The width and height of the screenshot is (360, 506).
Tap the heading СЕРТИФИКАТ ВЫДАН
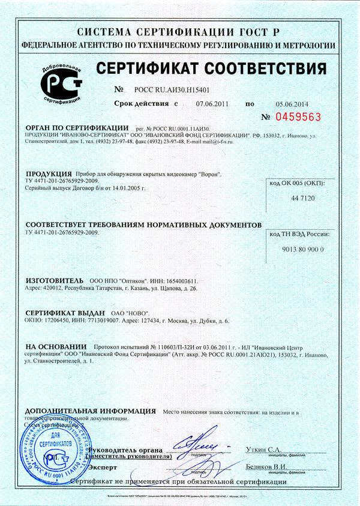65,313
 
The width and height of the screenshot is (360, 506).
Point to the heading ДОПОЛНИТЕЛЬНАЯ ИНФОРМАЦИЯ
91,411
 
